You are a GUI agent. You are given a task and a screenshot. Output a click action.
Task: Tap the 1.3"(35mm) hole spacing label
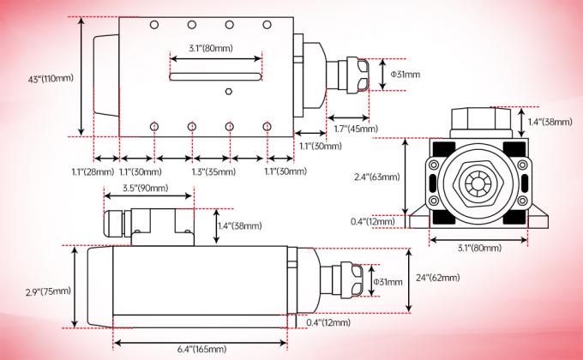211,171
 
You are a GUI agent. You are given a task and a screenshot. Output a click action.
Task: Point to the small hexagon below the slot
229,92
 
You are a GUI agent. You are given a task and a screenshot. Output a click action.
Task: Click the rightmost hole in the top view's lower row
267,126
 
